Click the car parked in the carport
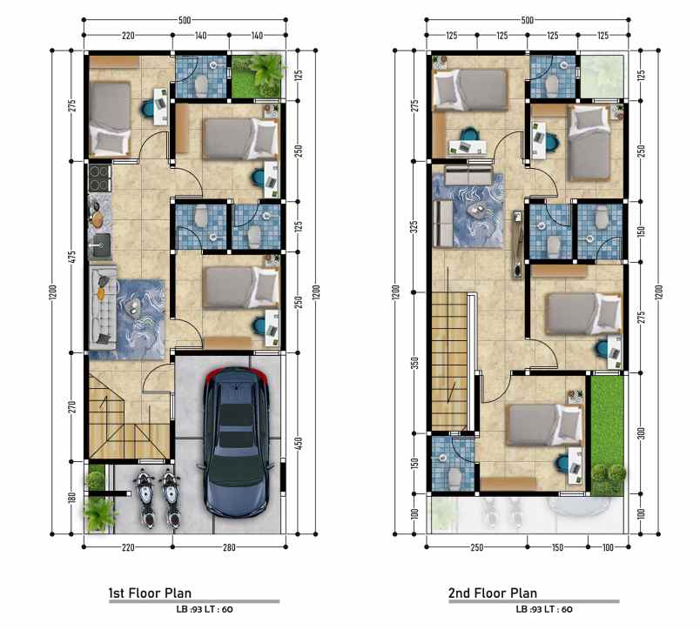(x=235, y=442)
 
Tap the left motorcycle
(x=145, y=498)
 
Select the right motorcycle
(x=170, y=498)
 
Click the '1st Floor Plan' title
(x=150, y=593)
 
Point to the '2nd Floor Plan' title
(x=493, y=593)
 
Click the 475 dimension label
(x=72, y=258)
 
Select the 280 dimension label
(x=229, y=547)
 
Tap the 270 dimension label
(x=72, y=407)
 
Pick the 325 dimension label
(x=414, y=226)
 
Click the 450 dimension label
(x=299, y=443)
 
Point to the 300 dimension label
(x=641, y=433)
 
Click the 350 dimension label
(x=414, y=364)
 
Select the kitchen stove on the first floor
(x=99, y=178)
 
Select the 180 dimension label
(x=72, y=498)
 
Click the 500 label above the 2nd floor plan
(x=528, y=20)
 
